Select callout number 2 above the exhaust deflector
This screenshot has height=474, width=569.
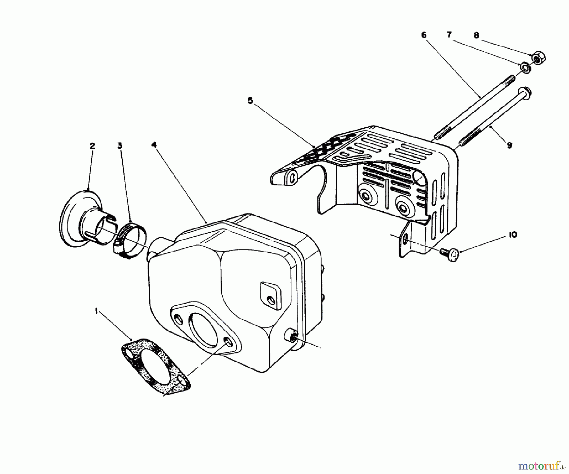(92, 146)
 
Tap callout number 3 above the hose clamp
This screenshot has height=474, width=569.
(119, 145)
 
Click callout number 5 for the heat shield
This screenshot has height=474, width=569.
(250, 101)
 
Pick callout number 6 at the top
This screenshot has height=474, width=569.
(424, 35)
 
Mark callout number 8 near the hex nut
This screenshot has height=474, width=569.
(476, 35)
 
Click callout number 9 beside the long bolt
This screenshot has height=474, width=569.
(509, 145)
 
